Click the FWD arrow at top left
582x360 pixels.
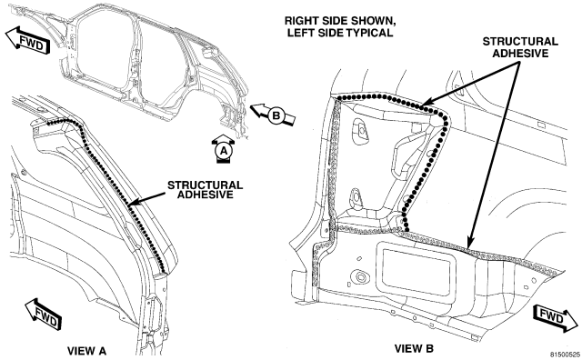click(28, 40)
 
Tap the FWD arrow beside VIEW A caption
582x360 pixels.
click(44, 314)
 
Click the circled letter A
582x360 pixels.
click(224, 151)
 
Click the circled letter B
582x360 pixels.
click(276, 115)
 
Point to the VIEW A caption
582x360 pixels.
click(86, 351)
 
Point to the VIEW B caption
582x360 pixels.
click(414, 348)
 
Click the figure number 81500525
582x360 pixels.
click(565, 355)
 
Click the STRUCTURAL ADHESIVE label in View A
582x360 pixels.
click(205, 190)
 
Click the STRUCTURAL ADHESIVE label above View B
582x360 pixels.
click(520, 47)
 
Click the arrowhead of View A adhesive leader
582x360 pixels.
click(132, 202)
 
